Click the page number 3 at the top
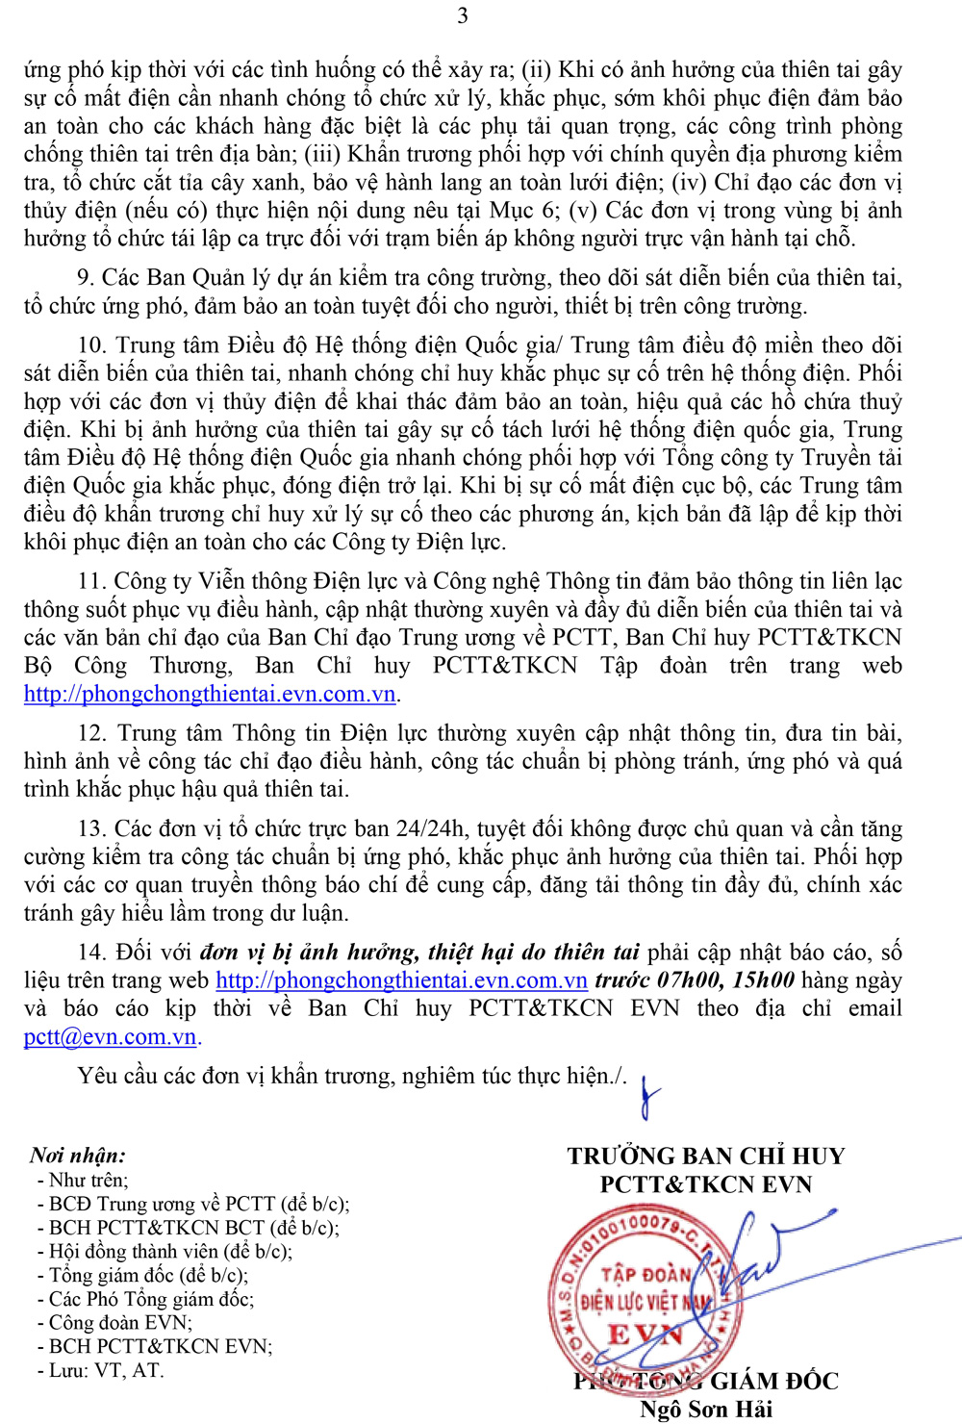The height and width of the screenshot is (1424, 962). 463,15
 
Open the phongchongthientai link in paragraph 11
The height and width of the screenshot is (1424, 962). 210,694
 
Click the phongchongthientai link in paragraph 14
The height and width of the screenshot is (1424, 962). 401,980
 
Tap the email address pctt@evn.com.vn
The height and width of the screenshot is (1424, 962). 110,1037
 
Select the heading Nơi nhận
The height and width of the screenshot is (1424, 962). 77,1156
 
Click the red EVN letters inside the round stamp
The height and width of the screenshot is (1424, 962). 645,1335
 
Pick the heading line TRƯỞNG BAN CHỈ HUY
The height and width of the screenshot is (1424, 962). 705,1156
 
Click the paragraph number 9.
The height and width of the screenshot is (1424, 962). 85,278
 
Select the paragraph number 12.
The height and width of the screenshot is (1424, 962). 91,733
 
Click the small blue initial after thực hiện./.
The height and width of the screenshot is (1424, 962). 650,1097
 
